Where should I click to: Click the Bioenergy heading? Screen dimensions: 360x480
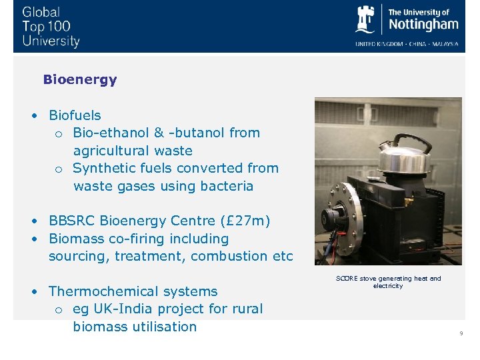click(x=79, y=79)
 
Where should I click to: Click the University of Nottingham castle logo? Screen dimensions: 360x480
click(x=366, y=20)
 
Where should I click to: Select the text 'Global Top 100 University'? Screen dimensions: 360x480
click(x=51, y=27)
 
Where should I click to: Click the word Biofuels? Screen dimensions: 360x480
click(x=75, y=115)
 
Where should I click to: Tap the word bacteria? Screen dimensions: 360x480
click(x=226, y=186)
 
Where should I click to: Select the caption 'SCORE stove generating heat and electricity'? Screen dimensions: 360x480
click(x=388, y=282)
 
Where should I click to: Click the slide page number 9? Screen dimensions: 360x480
click(x=461, y=333)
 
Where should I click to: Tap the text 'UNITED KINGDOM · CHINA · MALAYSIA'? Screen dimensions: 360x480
click(x=407, y=44)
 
